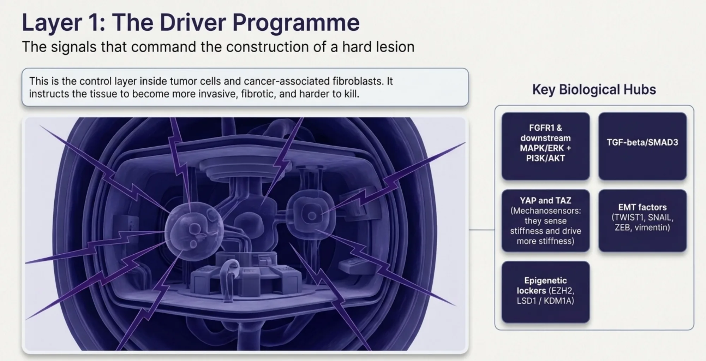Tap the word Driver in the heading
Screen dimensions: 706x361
point(192,23)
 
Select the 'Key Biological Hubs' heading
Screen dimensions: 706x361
point(594,89)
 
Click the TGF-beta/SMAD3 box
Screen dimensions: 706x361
point(642,146)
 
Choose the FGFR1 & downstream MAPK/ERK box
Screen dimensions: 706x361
point(546,146)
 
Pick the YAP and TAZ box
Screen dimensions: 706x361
point(546,220)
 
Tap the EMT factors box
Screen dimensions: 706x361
point(642,220)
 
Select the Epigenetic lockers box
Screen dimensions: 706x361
point(546,292)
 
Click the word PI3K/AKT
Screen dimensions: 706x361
point(546,158)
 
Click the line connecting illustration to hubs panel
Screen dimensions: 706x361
point(481,230)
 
